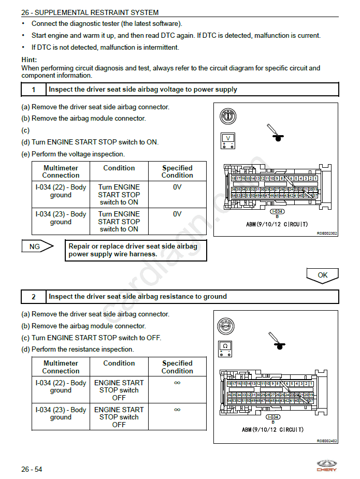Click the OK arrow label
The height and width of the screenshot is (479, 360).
(322, 275)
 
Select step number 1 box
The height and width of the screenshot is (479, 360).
(34, 90)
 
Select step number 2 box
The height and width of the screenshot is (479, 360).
(34, 297)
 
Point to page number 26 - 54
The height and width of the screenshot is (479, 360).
(32, 469)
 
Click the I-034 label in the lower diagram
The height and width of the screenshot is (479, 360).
(273, 417)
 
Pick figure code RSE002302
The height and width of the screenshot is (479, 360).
(327, 234)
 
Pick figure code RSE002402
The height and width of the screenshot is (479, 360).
(327, 440)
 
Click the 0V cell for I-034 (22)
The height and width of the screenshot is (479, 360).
(177, 187)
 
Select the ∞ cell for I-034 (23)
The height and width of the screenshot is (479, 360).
(177, 410)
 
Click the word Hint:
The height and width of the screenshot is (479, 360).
(29, 60)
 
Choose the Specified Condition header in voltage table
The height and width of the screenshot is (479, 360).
(177, 171)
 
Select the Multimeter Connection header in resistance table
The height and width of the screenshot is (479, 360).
(61, 367)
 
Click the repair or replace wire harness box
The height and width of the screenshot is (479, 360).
(136, 250)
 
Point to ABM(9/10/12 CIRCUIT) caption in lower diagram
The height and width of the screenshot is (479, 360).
(272, 430)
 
